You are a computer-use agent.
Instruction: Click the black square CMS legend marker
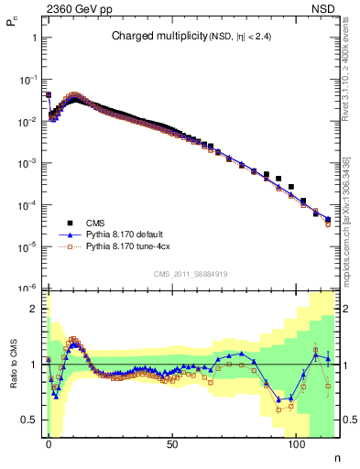point(70,223)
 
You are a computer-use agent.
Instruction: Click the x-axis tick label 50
point(172,442)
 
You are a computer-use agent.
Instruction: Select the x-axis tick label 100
point(296,442)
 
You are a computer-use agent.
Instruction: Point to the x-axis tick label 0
point(49,442)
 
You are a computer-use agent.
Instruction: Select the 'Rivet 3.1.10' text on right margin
point(345,92)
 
